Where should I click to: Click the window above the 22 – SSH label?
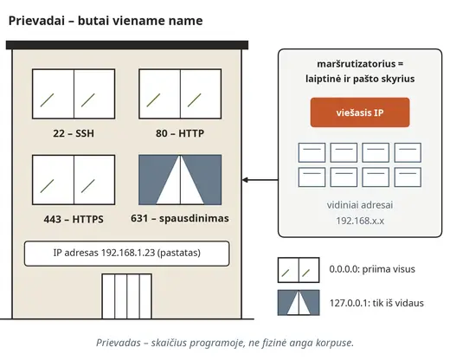click(x=74, y=93)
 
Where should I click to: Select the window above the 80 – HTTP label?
click(x=180, y=93)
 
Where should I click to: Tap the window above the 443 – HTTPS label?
click(x=74, y=180)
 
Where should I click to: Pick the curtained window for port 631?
click(x=180, y=180)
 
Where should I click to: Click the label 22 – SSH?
click(x=74, y=133)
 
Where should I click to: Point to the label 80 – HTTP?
click(x=180, y=133)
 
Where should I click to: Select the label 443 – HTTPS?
click(x=74, y=219)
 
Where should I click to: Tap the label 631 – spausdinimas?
click(x=180, y=218)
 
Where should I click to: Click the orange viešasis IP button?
click(x=360, y=112)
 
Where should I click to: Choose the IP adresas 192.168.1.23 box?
click(x=127, y=254)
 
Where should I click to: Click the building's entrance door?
click(x=127, y=296)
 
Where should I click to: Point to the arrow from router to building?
click(x=260, y=180)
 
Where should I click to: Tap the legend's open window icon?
click(x=299, y=270)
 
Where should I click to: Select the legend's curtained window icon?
click(x=299, y=303)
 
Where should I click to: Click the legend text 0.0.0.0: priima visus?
click(x=372, y=269)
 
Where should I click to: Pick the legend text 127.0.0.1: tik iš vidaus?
click(x=376, y=303)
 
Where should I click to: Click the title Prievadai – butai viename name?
click(x=106, y=21)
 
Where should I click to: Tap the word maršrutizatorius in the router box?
click(x=357, y=64)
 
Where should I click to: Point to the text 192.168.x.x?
click(x=360, y=221)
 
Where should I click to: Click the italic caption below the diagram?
click(x=225, y=343)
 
